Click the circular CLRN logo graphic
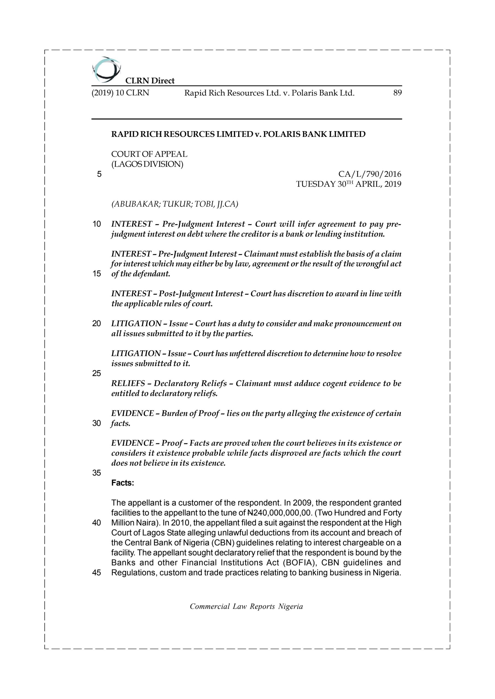[x=106, y=70]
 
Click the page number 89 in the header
[x=397, y=93]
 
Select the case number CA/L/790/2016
[x=370, y=174]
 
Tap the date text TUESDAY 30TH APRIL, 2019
[x=349, y=184]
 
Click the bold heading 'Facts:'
[x=122, y=483]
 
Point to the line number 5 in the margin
[x=99, y=174]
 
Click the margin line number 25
[x=97, y=373]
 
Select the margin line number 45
[x=97, y=573]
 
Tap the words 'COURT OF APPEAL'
[x=149, y=154]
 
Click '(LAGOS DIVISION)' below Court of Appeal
[x=147, y=164]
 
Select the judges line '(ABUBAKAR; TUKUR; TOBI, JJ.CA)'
[x=175, y=204]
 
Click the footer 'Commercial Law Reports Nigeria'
[x=246, y=606]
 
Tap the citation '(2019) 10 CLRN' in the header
[x=120, y=93]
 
